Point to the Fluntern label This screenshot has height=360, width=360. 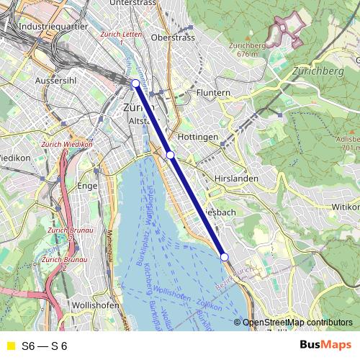click(212, 93)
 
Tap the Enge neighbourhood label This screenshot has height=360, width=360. click(86, 186)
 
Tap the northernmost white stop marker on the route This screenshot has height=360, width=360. click(135, 83)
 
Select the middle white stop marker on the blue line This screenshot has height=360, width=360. click(171, 155)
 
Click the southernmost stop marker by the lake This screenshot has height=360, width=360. click(224, 257)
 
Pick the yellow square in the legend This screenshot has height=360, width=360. click(9, 346)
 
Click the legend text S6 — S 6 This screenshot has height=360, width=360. click(44, 346)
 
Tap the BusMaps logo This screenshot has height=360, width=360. click(325, 346)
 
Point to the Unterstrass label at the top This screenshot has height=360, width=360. click(133, 4)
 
